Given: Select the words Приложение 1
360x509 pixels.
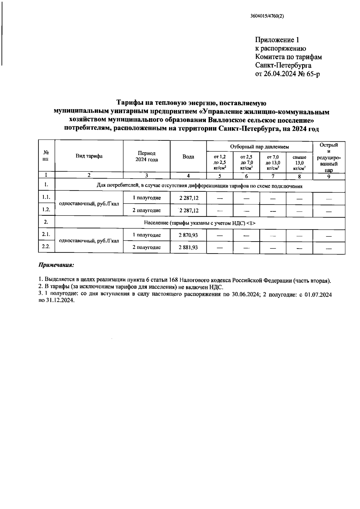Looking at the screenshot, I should pos(277,40).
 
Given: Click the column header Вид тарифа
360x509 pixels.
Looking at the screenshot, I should pos(89,156).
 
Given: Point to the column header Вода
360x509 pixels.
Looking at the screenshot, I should pos(188,157).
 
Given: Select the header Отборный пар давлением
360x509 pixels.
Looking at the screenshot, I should pos(259,147).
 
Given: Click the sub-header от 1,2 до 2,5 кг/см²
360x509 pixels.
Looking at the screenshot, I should pos(220,162).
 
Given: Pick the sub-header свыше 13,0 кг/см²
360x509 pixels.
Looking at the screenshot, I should pos(299,162).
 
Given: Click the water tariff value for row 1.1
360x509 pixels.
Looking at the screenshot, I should pos(188,198).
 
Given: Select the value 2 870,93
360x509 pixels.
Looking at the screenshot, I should pos(188,235).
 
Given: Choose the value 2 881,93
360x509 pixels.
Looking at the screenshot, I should pos(188,247).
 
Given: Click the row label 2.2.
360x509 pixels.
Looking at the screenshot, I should pos(46,246).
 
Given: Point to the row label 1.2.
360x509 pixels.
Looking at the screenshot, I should pos(46,209).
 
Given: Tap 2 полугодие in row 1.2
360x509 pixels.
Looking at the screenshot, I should pos(146,210).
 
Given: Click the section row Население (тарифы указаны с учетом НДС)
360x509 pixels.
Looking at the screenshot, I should pos(199,223).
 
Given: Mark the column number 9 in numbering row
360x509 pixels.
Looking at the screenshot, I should pos(329,176).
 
